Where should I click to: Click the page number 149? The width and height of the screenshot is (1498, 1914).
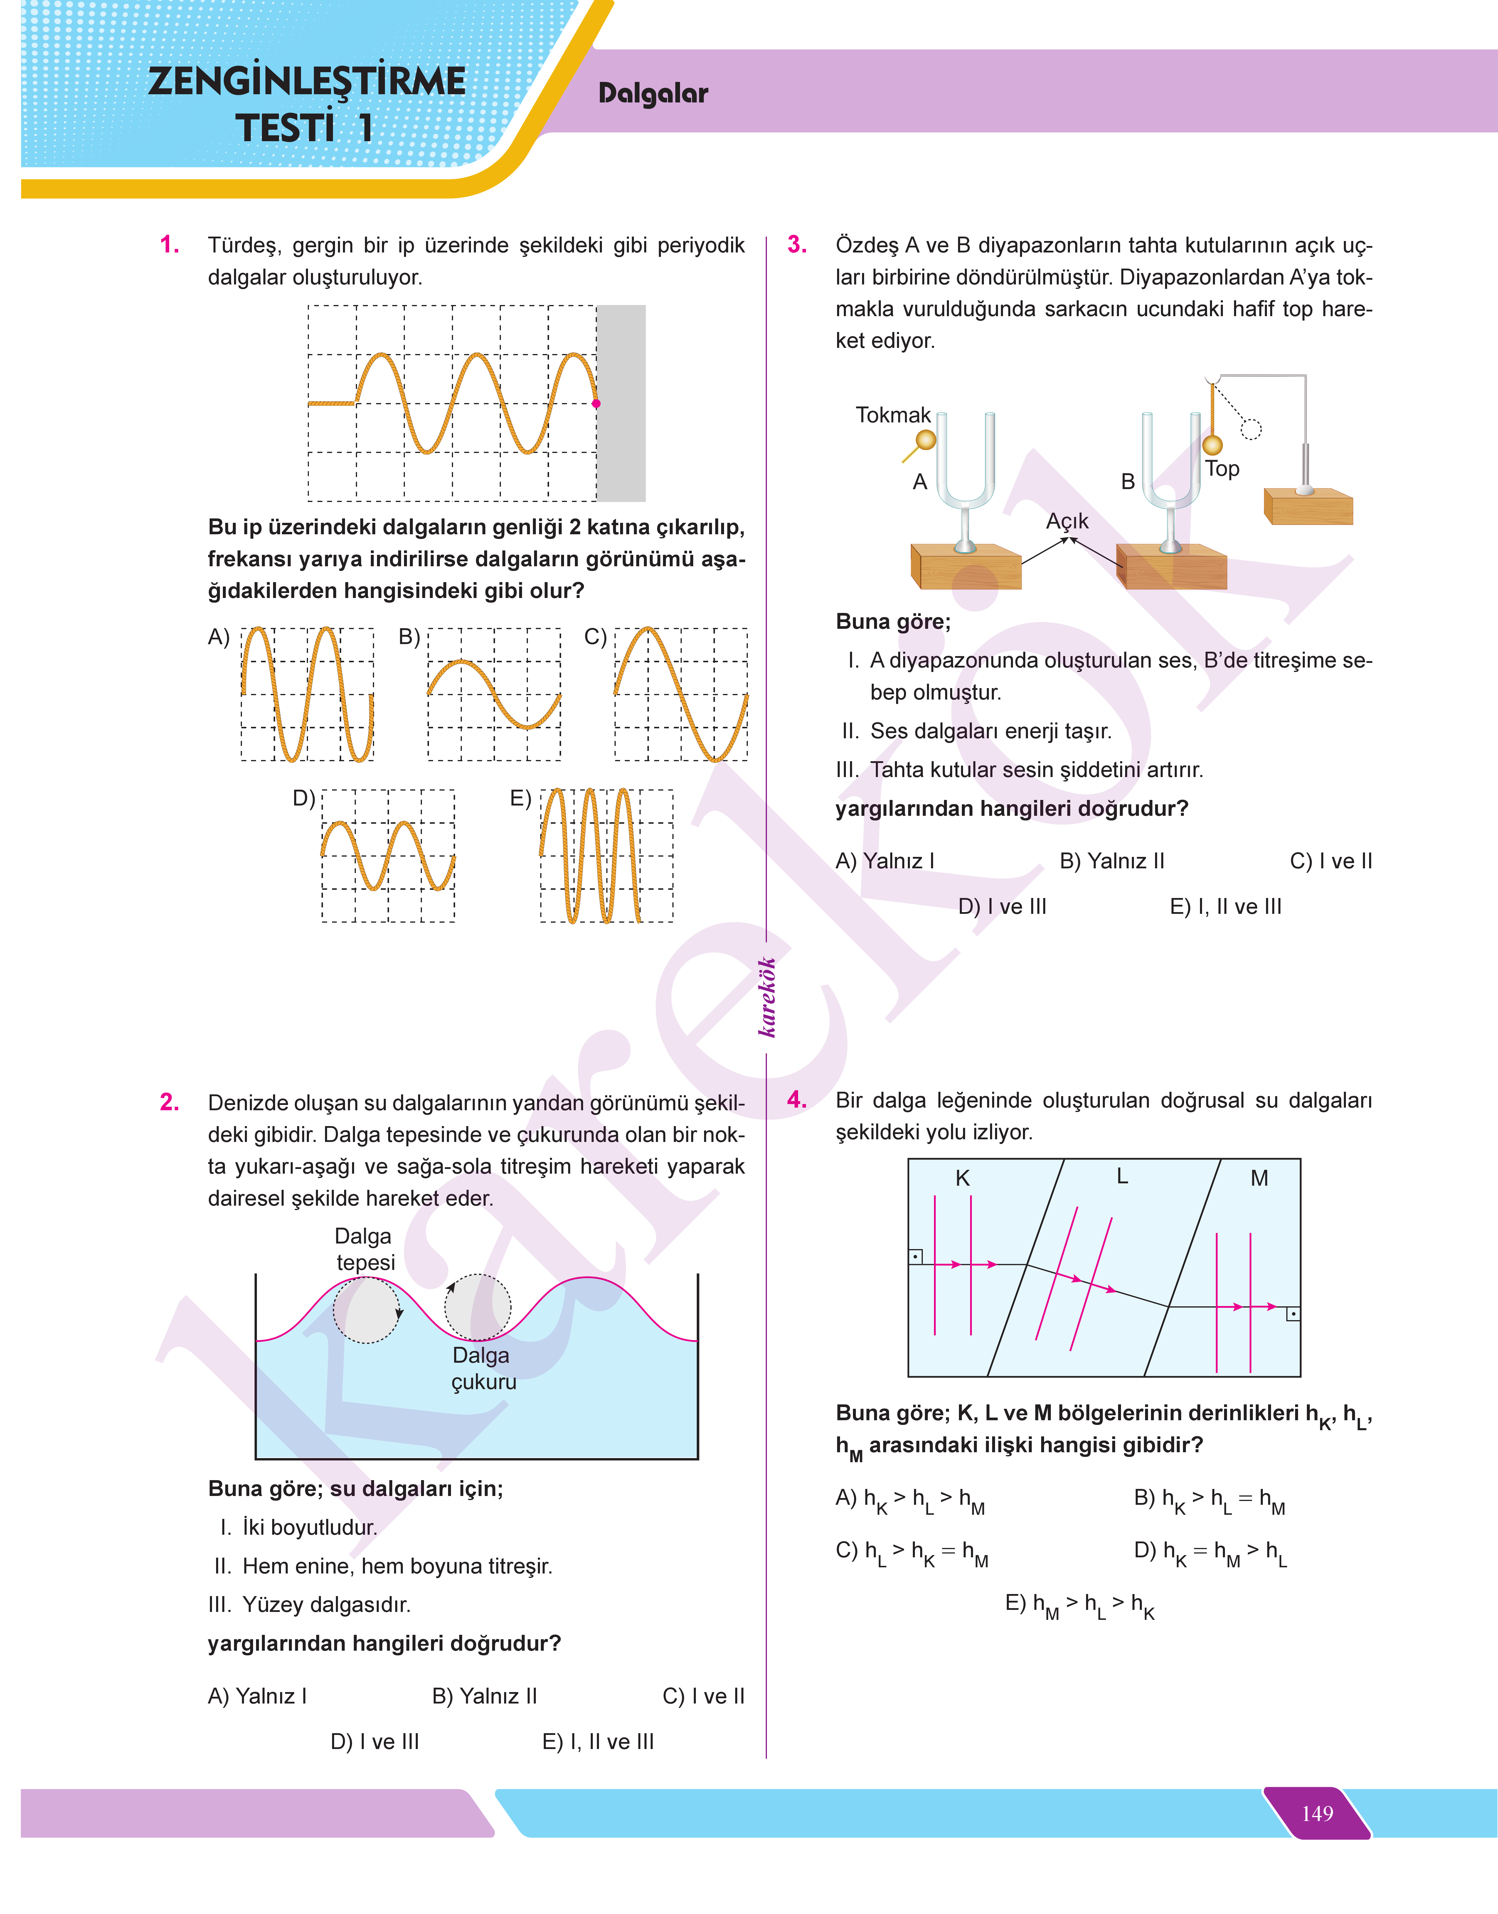(1317, 1812)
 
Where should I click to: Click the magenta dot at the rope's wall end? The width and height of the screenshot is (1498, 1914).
(596, 403)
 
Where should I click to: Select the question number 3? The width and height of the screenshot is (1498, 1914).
(796, 245)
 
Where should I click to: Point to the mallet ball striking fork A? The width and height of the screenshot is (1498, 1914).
(925, 439)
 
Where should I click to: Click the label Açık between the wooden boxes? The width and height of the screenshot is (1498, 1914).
(1066, 521)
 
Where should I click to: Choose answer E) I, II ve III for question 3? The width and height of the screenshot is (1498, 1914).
(1225, 907)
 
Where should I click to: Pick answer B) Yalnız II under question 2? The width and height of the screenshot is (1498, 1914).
(484, 1696)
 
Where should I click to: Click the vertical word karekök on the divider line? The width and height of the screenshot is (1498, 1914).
(767, 997)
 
